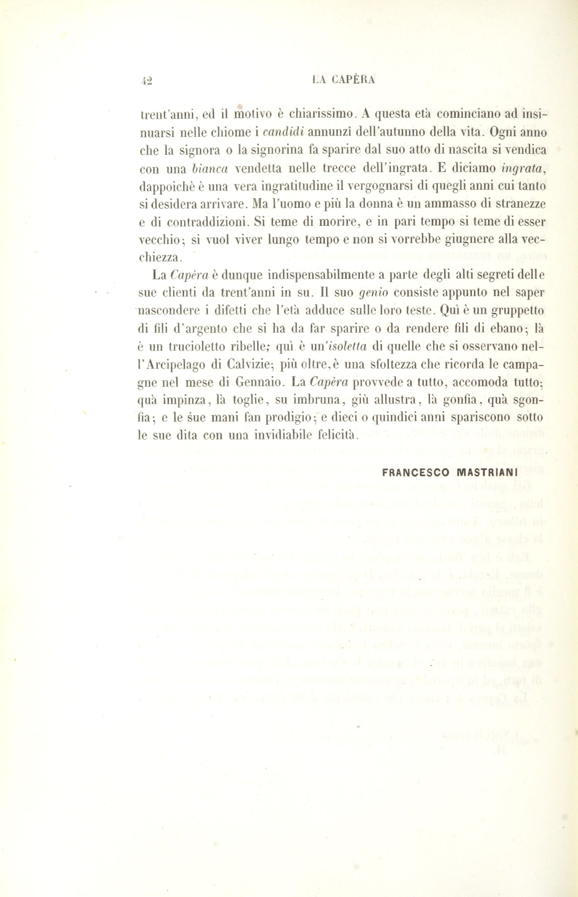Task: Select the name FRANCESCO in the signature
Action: [416, 473]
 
